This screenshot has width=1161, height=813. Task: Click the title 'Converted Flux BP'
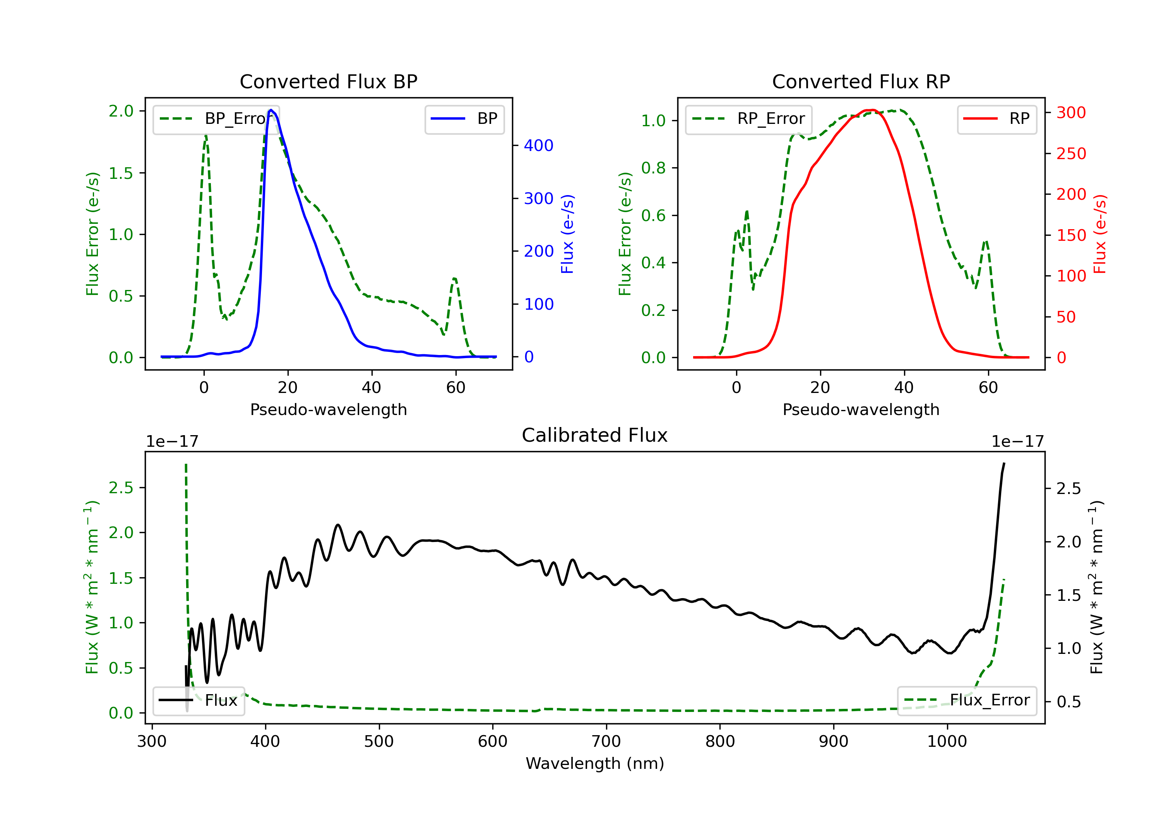click(x=328, y=81)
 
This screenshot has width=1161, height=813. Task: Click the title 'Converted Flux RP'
click(x=861, y=81)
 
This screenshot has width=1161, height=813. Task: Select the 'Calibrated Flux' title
click(x=595, y=435)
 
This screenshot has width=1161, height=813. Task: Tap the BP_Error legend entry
click(x=216, y=119)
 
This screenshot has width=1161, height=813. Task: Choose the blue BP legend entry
click(x=464, y=119)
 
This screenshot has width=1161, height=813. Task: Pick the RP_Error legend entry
click(x=748, y=119)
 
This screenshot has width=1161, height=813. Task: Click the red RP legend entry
click(x=997, y=119)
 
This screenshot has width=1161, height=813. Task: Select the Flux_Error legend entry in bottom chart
click(x=967, y=700)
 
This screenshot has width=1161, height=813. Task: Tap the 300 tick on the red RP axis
click(x=1071, y=112)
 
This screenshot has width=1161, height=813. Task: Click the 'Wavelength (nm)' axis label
click(x=595, y=763)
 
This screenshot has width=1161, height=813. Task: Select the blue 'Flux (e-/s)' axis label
click(x=567, y=234)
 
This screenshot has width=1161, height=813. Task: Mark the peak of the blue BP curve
click(x=271, y=110)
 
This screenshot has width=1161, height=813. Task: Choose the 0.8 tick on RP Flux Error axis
click(x=653, y=168)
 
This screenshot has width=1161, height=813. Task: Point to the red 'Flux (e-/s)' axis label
click(x=1100, y=234)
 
